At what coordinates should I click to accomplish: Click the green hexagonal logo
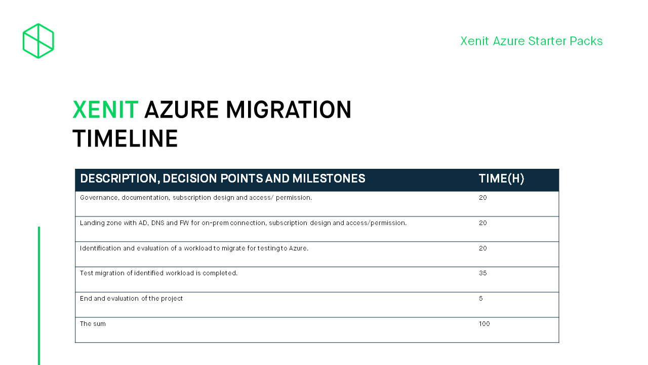(x=38, y=41)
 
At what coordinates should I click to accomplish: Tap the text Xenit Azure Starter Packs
(x=531, y=41)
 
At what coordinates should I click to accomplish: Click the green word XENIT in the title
(x=105, y=110)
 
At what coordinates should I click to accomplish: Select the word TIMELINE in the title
(x=125, y=139)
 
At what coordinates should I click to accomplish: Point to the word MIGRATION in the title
(x=289, y=110)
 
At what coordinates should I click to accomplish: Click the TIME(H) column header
(x=501, y=178)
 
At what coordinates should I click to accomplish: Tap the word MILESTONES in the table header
(x=329, y=178)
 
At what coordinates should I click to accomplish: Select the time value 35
(x=482, y=273)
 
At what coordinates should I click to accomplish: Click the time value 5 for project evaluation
(x=481, y=299)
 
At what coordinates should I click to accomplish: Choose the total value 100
(x=484, y=324)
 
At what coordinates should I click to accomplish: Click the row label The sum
(x=93, y=324)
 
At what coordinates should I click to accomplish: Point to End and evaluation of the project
(x=131, y=299)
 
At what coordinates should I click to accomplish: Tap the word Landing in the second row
(x=91, y=223)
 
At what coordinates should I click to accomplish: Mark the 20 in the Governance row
(x=482, y=198)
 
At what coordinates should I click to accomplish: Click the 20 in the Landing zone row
(x=482, y=223)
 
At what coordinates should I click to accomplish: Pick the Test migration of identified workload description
(x=158, y=273)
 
